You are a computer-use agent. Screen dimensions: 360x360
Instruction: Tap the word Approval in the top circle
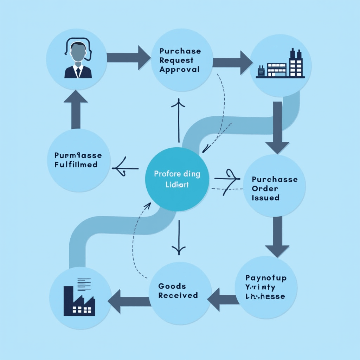coord(179,69)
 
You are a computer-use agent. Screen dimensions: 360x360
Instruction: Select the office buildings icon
coord(281,65)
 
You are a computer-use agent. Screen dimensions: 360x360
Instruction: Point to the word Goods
coord(172,286)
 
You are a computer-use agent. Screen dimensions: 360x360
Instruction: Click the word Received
coord(178,295)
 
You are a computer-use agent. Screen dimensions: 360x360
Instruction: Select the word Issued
coord(265,198)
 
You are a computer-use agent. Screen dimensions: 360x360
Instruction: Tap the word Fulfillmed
coord(76,165)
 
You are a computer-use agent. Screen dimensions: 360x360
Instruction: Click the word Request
coord(176,60)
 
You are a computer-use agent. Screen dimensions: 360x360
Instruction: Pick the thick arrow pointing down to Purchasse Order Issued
coord(277,128)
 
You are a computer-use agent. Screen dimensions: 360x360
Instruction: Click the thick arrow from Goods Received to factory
coord(129,301)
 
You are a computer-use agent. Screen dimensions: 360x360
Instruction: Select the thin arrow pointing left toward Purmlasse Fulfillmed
coord(125,168)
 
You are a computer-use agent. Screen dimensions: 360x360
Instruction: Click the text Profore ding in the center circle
coord(177,174)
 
